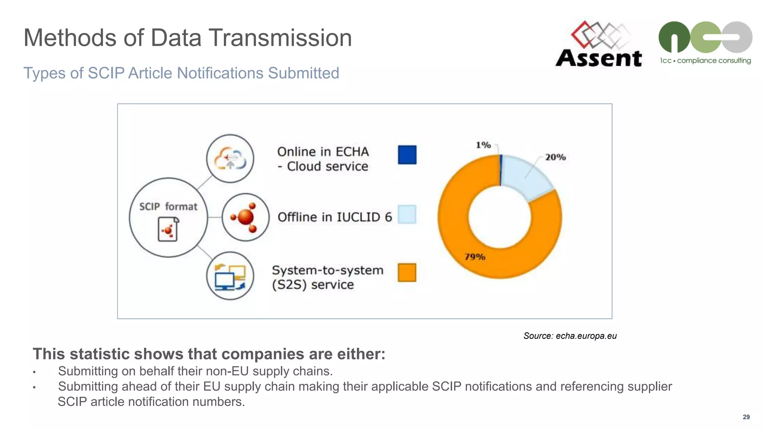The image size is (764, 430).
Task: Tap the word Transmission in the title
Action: click(x=280, y=38)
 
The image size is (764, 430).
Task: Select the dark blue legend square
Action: click(x=407, y=155)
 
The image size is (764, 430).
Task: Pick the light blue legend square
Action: click(x=407, y=214)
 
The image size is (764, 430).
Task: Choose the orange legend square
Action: click(x=407, y=272)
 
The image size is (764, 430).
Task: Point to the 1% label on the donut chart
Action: click(x=483, y=145)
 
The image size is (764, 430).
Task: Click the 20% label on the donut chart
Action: click(x=555, y=157)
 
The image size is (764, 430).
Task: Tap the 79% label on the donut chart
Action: click(x=475, y=257)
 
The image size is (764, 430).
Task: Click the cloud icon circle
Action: click(x=230, y=159)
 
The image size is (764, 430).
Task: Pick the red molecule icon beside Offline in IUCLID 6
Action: click(x=245, y=217)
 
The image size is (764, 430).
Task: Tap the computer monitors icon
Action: click(x=230, y=276)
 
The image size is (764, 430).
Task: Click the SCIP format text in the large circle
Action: click(x=168, y=206)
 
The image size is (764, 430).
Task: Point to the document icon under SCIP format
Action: click(x=168, y=230)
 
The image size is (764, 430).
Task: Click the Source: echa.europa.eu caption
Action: click(x=570, y=336)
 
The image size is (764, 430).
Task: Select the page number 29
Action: click(x=746, y=417)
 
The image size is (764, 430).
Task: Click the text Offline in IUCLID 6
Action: click(x=335, y=217)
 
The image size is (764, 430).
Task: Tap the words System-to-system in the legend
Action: click(x=328, y=270)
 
